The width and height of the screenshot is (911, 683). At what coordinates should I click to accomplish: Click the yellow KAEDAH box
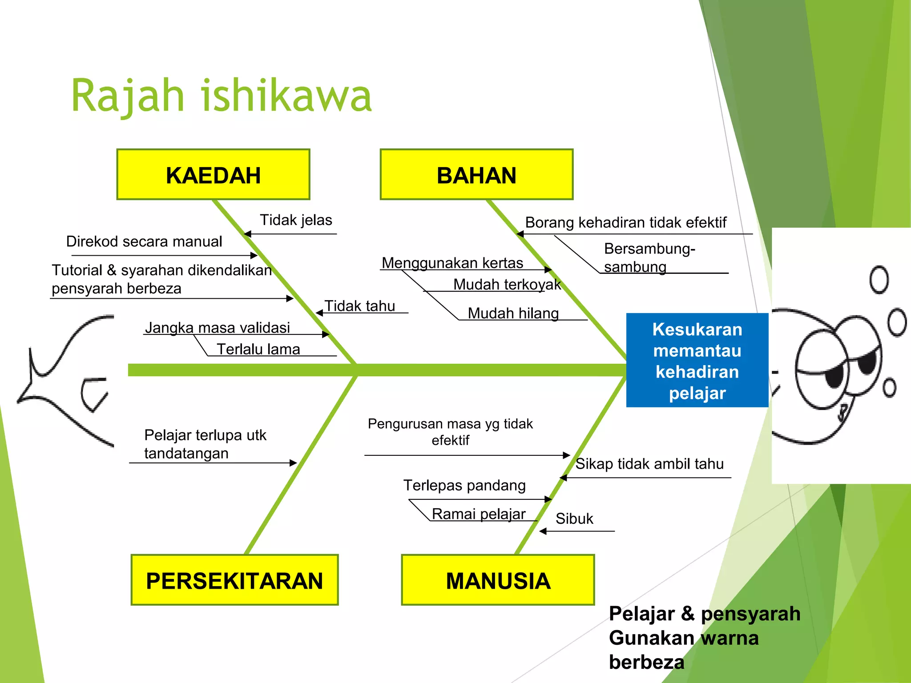click(213, 175)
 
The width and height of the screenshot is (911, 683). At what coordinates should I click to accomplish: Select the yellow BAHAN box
click(476, 175)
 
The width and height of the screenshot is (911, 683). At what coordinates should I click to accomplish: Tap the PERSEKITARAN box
click(234, 580)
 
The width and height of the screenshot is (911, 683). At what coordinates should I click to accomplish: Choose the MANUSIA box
click(498, 580)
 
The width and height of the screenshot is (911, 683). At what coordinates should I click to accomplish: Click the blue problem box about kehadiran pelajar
click(697, 361)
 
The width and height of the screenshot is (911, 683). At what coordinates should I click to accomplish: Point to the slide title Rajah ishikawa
click(221, 96)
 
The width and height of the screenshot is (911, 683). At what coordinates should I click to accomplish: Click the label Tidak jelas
click(296, 220)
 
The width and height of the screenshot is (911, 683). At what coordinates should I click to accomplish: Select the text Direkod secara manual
click(144, 241)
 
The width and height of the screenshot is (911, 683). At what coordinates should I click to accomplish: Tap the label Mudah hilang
click(513, 313)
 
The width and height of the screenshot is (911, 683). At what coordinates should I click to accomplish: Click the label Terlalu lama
click(258, 349)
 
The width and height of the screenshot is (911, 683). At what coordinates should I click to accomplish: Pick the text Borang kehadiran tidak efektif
click(625, 222)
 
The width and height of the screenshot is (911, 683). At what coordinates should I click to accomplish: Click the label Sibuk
click(574, 518)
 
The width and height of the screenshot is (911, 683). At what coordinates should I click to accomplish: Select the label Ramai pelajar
click(478, 514)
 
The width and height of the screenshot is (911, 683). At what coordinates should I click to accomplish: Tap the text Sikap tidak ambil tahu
click(649, 464)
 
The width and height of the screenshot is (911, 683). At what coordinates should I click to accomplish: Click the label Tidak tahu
click(359, 306)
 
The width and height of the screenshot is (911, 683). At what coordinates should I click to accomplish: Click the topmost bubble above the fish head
click(879, 280)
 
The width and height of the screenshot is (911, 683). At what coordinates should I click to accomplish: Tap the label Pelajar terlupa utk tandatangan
click(205, 444)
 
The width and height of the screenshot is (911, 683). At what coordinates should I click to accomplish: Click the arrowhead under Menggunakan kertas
click(548, 269)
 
